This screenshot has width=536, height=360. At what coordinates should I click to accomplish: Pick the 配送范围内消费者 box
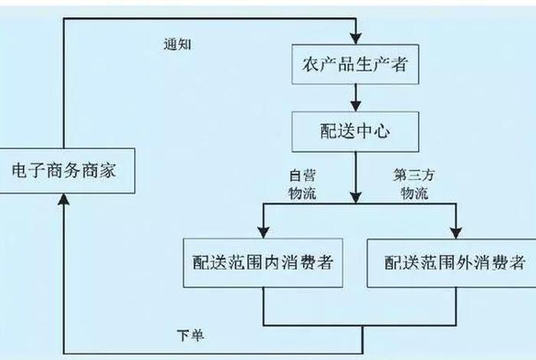point(263,263)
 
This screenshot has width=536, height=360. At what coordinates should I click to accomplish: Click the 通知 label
point(177,44)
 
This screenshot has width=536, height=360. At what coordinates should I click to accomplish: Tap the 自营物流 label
point(301,185)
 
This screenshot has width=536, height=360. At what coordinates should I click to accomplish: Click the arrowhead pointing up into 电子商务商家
point(64,199)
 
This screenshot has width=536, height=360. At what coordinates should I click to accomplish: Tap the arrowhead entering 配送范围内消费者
point(263,231)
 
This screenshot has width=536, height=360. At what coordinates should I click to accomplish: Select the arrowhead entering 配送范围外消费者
point(457,231)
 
